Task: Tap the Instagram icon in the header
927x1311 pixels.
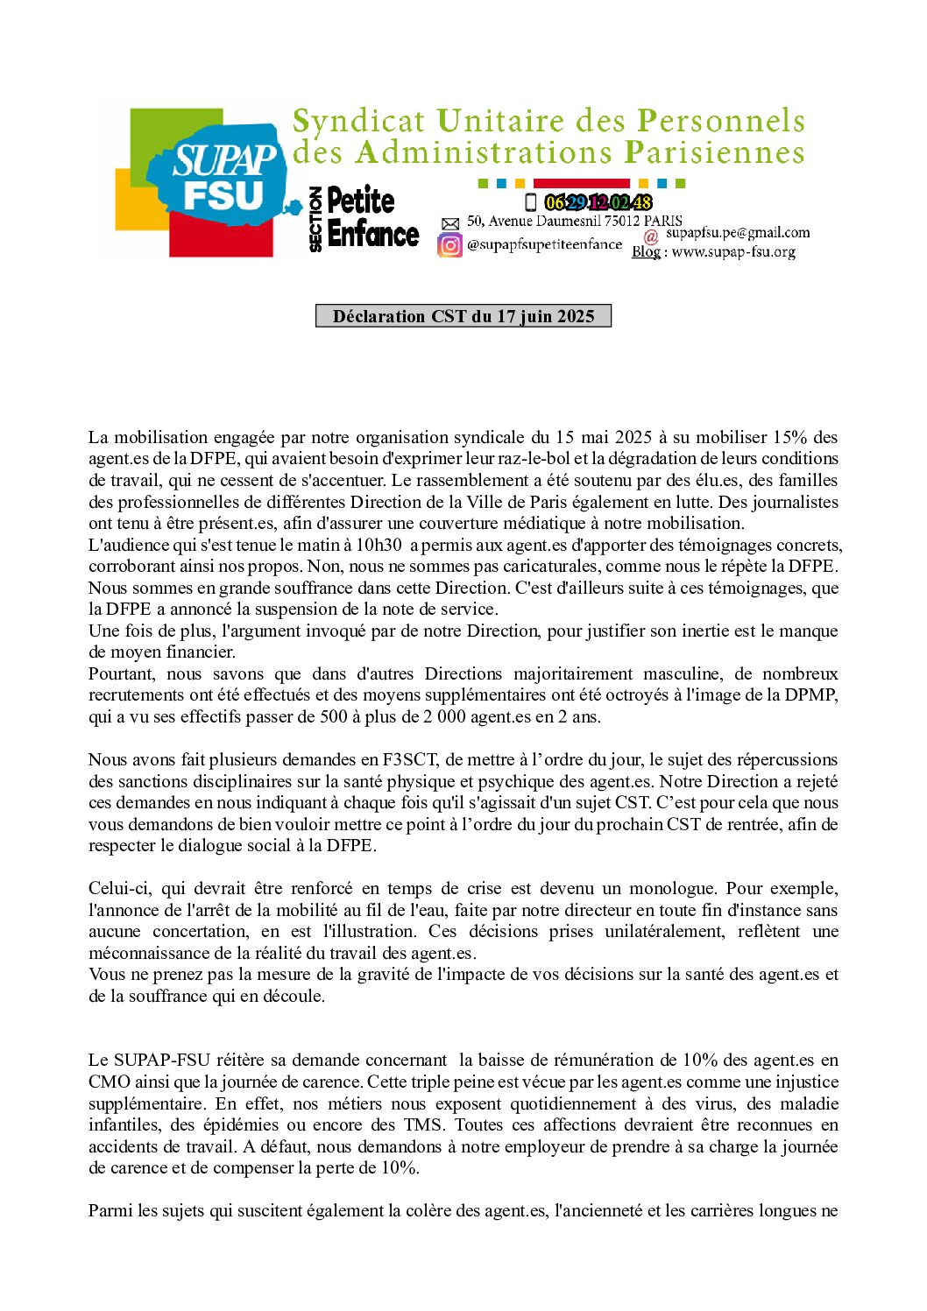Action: pyautogui.click(x=449, y=245)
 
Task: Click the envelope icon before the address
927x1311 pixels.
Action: pyautogui.click(x=449, y=224)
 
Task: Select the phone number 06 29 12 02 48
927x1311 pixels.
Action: pyautogui.click(x=598, y=203)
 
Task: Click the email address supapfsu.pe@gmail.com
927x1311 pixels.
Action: pyautogui.click(x=738, y=233)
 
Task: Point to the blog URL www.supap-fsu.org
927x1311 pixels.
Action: pyautogui.click(x=733, y=252)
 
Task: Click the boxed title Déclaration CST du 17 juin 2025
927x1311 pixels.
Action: pyautogui.click(x=463, y=316)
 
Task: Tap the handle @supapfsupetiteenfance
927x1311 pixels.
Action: pyautogui.click(x=544, y=245)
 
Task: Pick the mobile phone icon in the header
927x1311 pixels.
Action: pyautogui.click(x=530, y=203)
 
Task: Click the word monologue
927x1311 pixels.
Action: pyautogui.click(x=672, y=889)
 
